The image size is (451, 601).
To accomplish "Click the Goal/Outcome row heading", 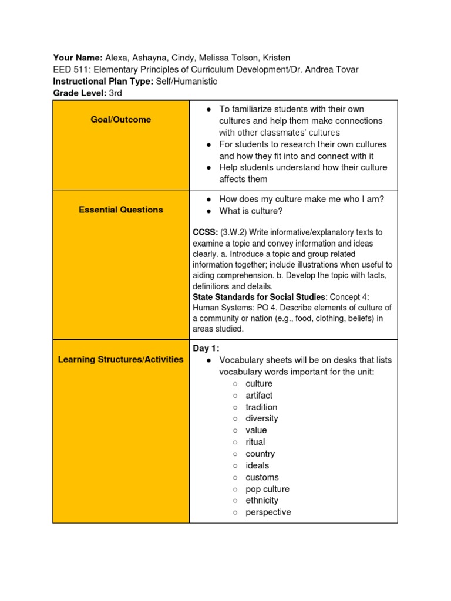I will [120, 120].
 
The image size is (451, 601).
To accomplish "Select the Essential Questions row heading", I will [120, 210].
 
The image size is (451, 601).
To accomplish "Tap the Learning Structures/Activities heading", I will [120, 359].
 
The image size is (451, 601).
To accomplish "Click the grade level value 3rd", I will [116, 93].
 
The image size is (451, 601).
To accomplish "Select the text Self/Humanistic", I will [186, 82].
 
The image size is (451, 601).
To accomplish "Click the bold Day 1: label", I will [206, 349].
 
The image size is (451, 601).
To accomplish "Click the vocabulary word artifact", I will [259, 396].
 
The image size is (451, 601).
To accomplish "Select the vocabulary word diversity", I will [261, 418].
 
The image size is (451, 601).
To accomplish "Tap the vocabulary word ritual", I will [255, 442].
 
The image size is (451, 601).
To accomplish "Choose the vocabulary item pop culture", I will [267, 489].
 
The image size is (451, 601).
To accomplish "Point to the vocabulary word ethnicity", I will [262, 501].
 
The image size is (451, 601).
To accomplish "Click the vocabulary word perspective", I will [268, 512].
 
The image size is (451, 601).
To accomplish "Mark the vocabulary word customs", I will [262, 477].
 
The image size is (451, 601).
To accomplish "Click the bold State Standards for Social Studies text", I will [258, 297].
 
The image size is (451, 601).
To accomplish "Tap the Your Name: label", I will [78, 58].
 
